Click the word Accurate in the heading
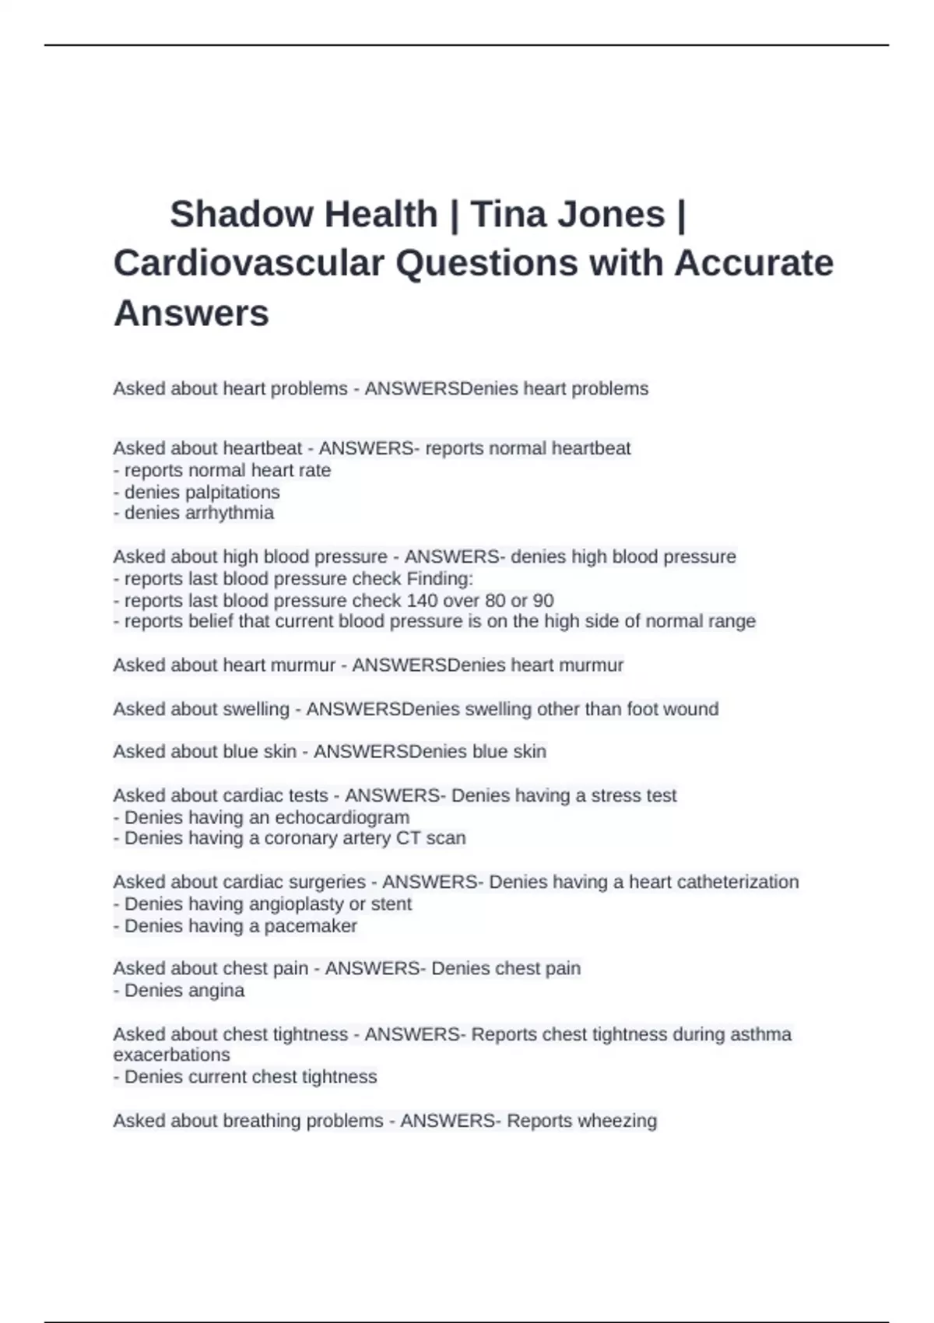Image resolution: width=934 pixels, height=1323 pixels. [753, 263]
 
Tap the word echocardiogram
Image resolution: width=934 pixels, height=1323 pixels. [344, 817]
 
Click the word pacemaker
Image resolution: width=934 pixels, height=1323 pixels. [311, 926]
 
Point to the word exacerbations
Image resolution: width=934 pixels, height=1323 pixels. [171, 1055]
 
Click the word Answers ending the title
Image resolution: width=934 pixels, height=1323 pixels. [191, 313]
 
